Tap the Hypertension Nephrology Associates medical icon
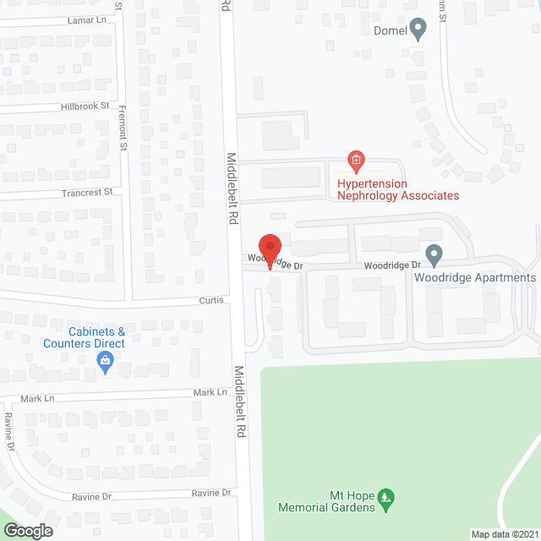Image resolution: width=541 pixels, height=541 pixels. pyautogui.click(x=357, y=160)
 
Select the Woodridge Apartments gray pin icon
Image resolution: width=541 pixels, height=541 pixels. pyautogui.click(x=434, y=254)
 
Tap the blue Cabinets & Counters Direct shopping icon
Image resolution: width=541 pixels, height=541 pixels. pyautogui.click(x=105, y=363)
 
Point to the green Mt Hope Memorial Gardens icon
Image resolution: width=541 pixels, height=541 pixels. pyautogui.click(x=385, y=495)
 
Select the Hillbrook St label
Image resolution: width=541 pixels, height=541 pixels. pyautogui.click(x=85, y=107)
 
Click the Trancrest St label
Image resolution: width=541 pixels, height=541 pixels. pyautogui.click(x=86, y=193)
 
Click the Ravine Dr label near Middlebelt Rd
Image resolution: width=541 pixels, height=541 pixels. pyautogui.click(x=210, y=493)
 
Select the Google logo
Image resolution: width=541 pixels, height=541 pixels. pyautogui.click(x=27, y=530)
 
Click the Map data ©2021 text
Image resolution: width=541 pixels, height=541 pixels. pyautogui.click(x=504, y=534)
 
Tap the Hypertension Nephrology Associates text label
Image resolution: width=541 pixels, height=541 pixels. pyautogui.click(x=398, y=189)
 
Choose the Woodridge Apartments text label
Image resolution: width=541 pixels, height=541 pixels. pyautogui.click(x=475, y=277)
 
